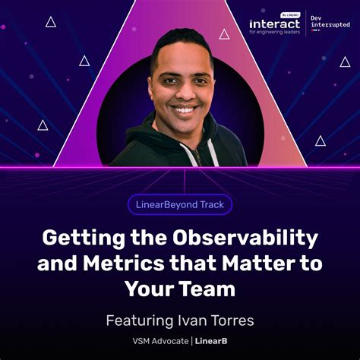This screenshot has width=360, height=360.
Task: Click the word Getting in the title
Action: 82,238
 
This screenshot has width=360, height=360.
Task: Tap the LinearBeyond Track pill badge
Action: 180,204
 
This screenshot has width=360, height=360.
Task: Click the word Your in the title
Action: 155,290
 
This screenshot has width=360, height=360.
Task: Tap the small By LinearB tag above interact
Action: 289,15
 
